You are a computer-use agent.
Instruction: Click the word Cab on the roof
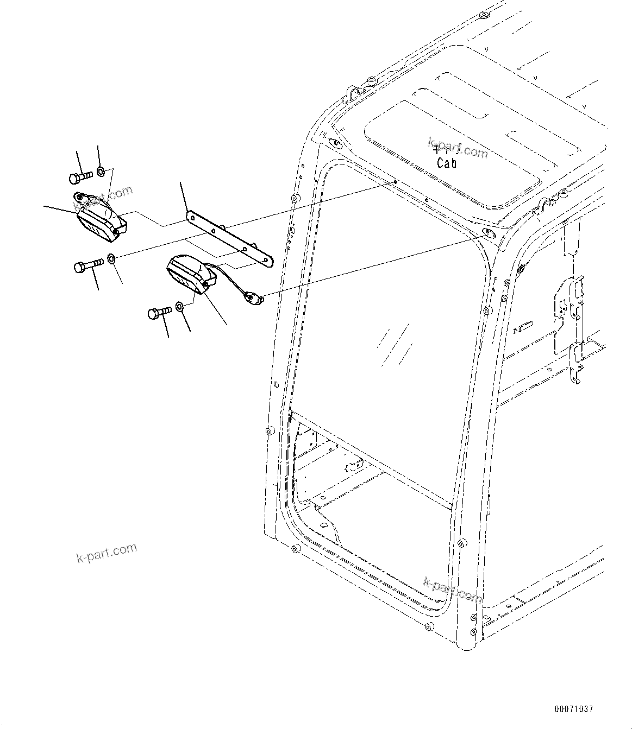tap(447, 163)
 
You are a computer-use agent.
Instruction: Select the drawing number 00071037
tap(574, 709)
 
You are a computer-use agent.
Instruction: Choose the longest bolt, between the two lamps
tap(89, 265)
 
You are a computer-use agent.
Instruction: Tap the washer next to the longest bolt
tap(111, 259)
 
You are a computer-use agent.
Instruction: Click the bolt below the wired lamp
tap(159, 313)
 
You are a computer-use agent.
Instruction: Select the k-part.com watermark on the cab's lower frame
tap(452, 590)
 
